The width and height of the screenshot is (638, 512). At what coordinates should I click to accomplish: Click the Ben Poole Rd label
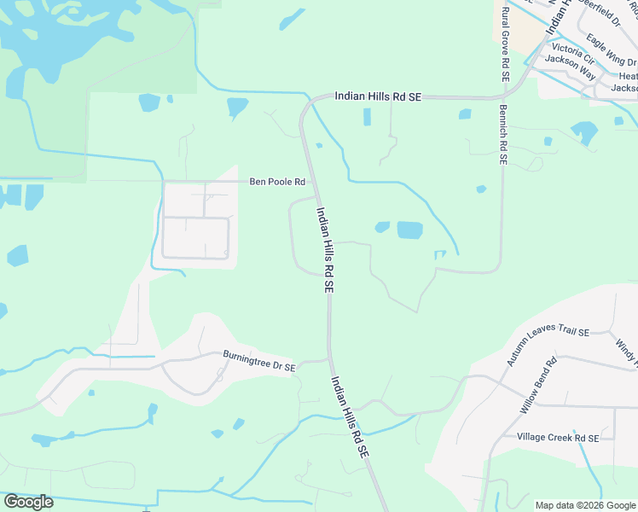pyautogui.click(x=276, y=182)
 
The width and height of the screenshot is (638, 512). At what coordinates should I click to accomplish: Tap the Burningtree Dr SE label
pyautogui.click(x=258, y=361)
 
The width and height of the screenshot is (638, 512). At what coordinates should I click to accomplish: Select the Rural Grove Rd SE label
pyautogui.click(x=506, y=44)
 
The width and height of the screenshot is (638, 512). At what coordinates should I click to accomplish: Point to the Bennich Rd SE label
pyautogui.click(x=504, y=135)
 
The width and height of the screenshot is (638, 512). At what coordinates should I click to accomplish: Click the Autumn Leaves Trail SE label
pyautogui.click(x=547, y=346)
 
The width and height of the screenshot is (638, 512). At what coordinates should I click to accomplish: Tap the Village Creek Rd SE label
pyautogui.click(x=558, y=438)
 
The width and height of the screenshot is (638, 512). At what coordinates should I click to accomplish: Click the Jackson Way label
pyautogui.click(x=570, y=61)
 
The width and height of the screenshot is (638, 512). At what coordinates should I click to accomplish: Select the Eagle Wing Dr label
pyautogui.click(x=612, y=50)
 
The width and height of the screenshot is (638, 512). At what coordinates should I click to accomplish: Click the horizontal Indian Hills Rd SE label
pyautogui.click(x=378, y=97)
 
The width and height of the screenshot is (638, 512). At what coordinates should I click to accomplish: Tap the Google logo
pyautogui.click(x=28, y=502)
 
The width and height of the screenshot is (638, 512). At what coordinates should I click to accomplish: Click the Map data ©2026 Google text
pyautogui.click(x=584, y=505)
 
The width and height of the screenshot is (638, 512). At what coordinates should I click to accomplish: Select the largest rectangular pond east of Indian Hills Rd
pyautogui.click(x=409, y=230)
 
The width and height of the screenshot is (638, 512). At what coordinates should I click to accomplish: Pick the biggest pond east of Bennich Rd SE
pyautogui.click(x=584, y=131)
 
